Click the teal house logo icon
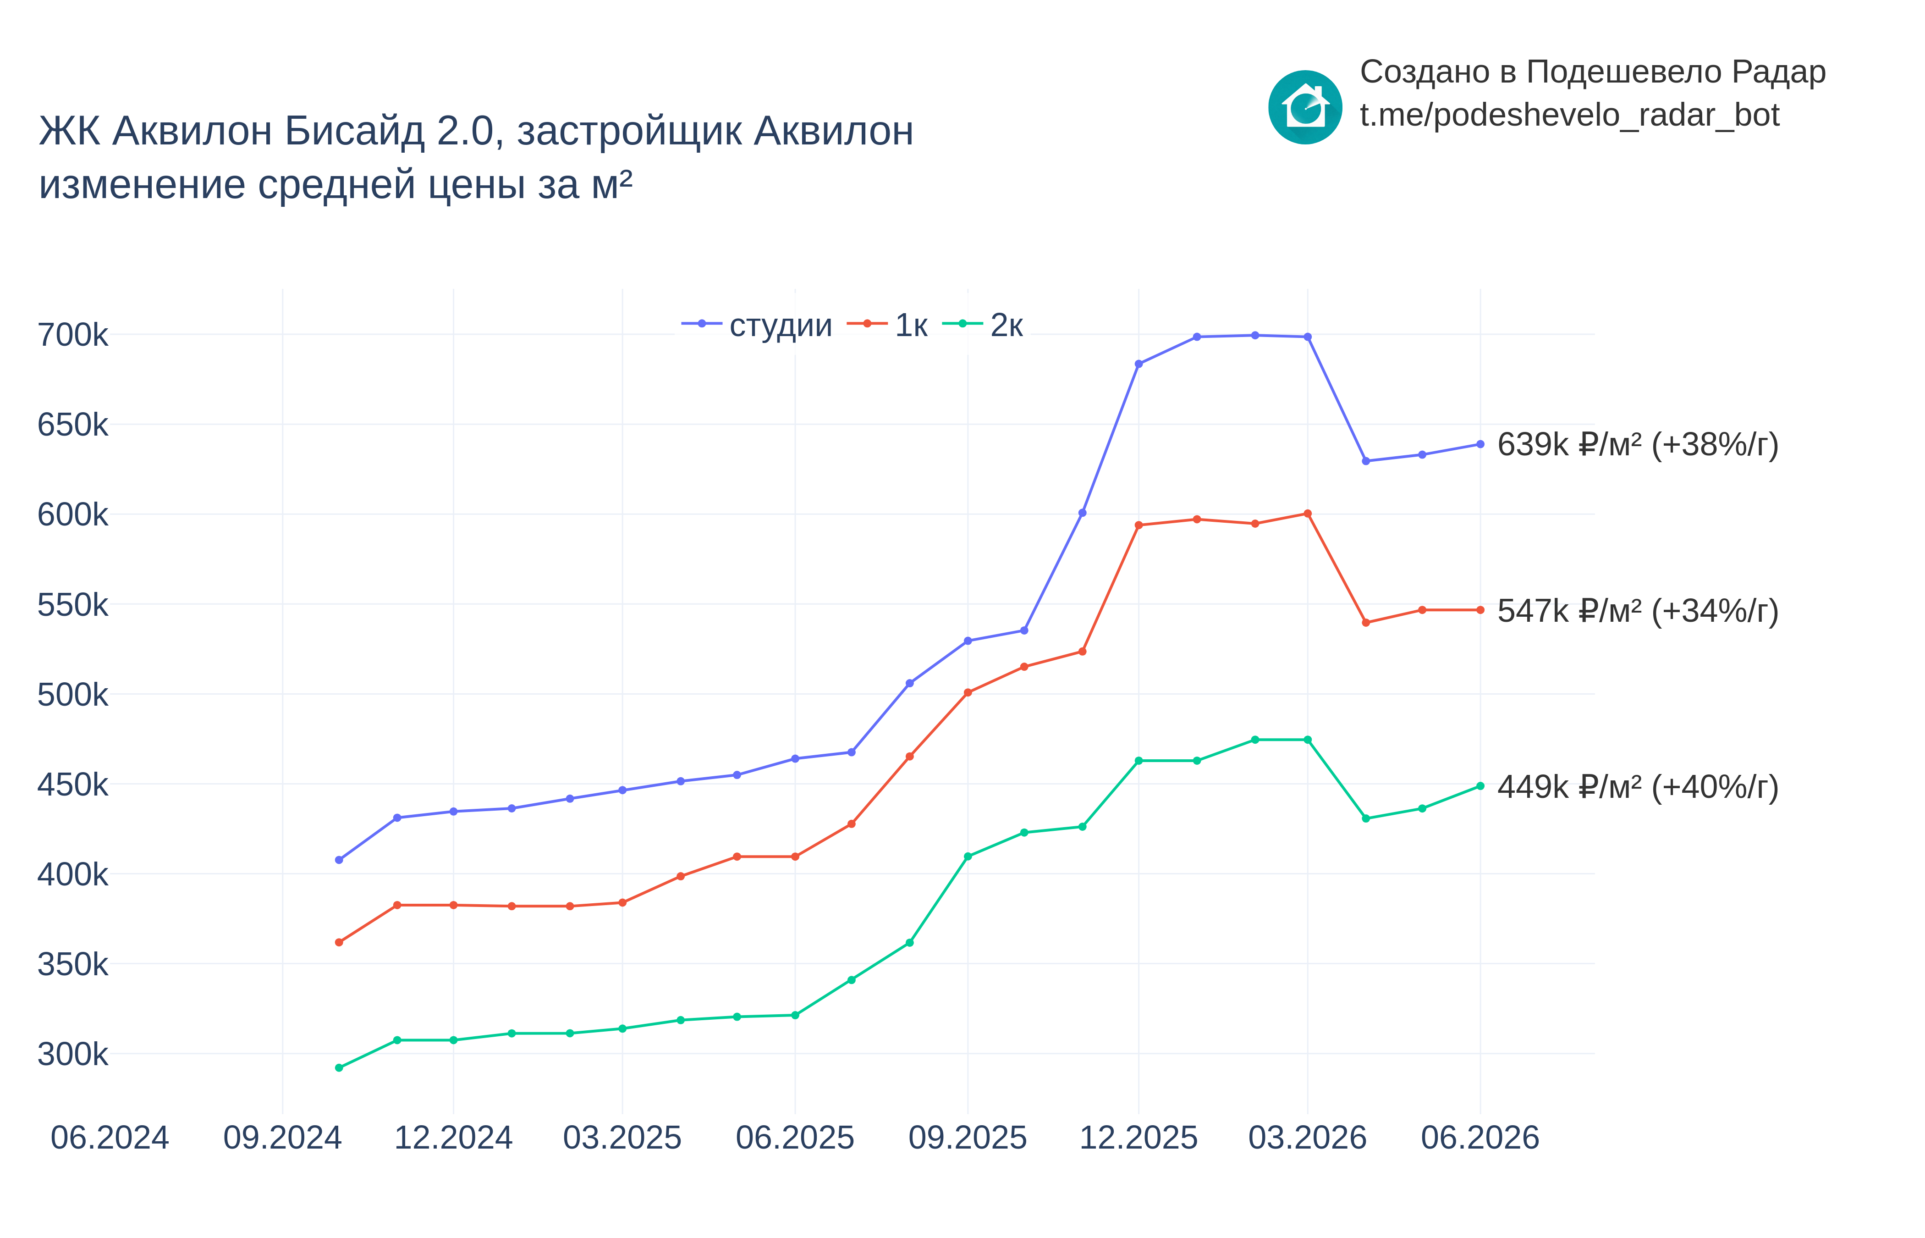tap(1305, 107)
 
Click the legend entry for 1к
tap(887, 325)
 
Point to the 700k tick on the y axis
tap(72, 334)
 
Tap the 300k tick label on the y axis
tap(72, 1054)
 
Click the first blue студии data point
tap(339, 860)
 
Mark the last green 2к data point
tap(1480, 786)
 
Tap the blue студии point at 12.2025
tap(1138, 364)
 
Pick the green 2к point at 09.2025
tap(968, 857)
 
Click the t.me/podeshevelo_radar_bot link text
tap(1570, 115)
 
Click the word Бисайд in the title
tap(354, 131)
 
